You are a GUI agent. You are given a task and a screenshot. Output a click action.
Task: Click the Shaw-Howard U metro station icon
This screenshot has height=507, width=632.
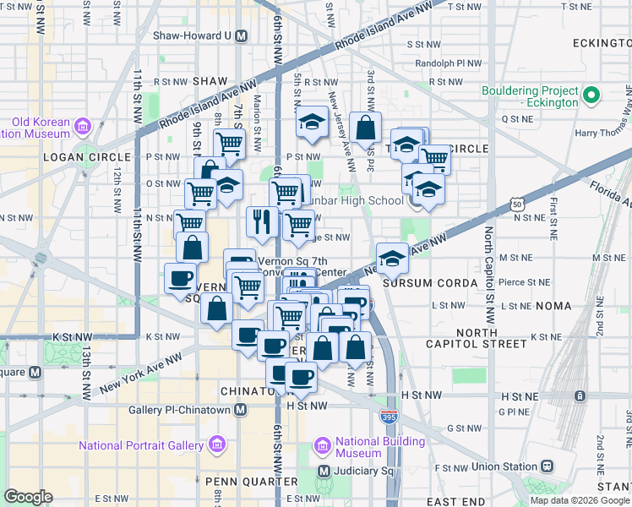[242, 36]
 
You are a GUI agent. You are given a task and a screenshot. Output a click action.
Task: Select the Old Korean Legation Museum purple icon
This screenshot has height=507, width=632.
[83, 127]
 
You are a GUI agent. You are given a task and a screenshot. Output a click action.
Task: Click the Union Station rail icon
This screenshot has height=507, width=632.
[548, 466]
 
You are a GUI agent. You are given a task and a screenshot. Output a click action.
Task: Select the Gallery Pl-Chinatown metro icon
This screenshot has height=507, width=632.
[241, 410]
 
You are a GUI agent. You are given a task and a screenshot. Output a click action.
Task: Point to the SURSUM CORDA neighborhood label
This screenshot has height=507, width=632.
[420, 282]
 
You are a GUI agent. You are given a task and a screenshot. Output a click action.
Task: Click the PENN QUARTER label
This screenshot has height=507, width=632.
[242, 481]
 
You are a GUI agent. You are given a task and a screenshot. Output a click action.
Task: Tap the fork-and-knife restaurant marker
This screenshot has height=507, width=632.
[262, 221]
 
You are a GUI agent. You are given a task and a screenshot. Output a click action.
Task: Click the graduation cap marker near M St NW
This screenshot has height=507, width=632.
[392, 259]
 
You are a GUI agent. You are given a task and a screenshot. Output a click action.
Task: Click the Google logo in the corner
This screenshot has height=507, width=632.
[28, 497]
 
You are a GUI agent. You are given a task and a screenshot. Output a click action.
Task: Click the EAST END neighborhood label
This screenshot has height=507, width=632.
[456, 502]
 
